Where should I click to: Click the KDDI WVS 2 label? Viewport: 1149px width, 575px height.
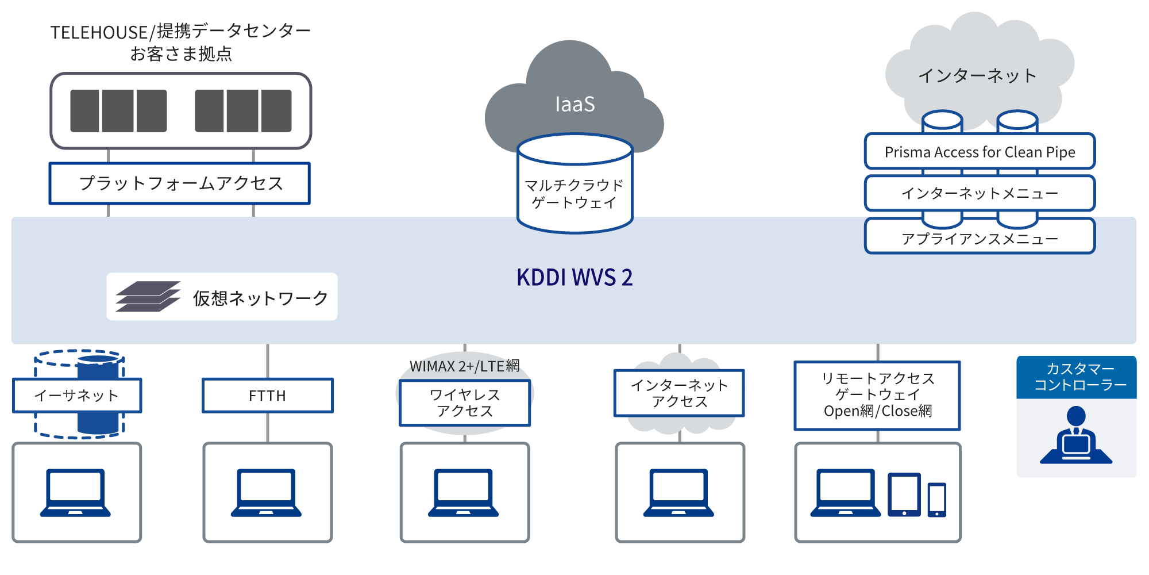574,278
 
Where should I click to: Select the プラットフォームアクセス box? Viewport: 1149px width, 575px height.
180,183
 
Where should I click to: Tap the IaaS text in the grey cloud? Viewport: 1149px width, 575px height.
574,105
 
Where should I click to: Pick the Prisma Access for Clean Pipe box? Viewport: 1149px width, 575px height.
980,152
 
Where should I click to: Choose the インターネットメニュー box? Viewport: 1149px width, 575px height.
980,193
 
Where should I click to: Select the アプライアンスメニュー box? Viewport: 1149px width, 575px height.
980,238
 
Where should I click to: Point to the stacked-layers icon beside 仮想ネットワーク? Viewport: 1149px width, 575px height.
148,297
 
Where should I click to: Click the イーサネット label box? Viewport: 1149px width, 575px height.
77,396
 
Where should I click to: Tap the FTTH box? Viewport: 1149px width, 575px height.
267,396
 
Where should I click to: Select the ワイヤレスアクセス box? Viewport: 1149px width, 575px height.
465,403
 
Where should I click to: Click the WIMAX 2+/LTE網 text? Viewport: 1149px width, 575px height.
464,366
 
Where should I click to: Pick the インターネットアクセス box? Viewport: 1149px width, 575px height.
679,393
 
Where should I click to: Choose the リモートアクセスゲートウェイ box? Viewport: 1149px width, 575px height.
877,395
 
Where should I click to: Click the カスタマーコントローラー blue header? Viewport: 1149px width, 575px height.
1077,377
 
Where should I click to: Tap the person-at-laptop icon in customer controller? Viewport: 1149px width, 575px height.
1076,436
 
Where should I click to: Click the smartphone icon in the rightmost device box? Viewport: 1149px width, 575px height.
936,499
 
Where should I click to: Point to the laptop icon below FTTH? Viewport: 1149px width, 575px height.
267,493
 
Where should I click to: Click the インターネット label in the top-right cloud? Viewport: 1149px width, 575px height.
977,76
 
